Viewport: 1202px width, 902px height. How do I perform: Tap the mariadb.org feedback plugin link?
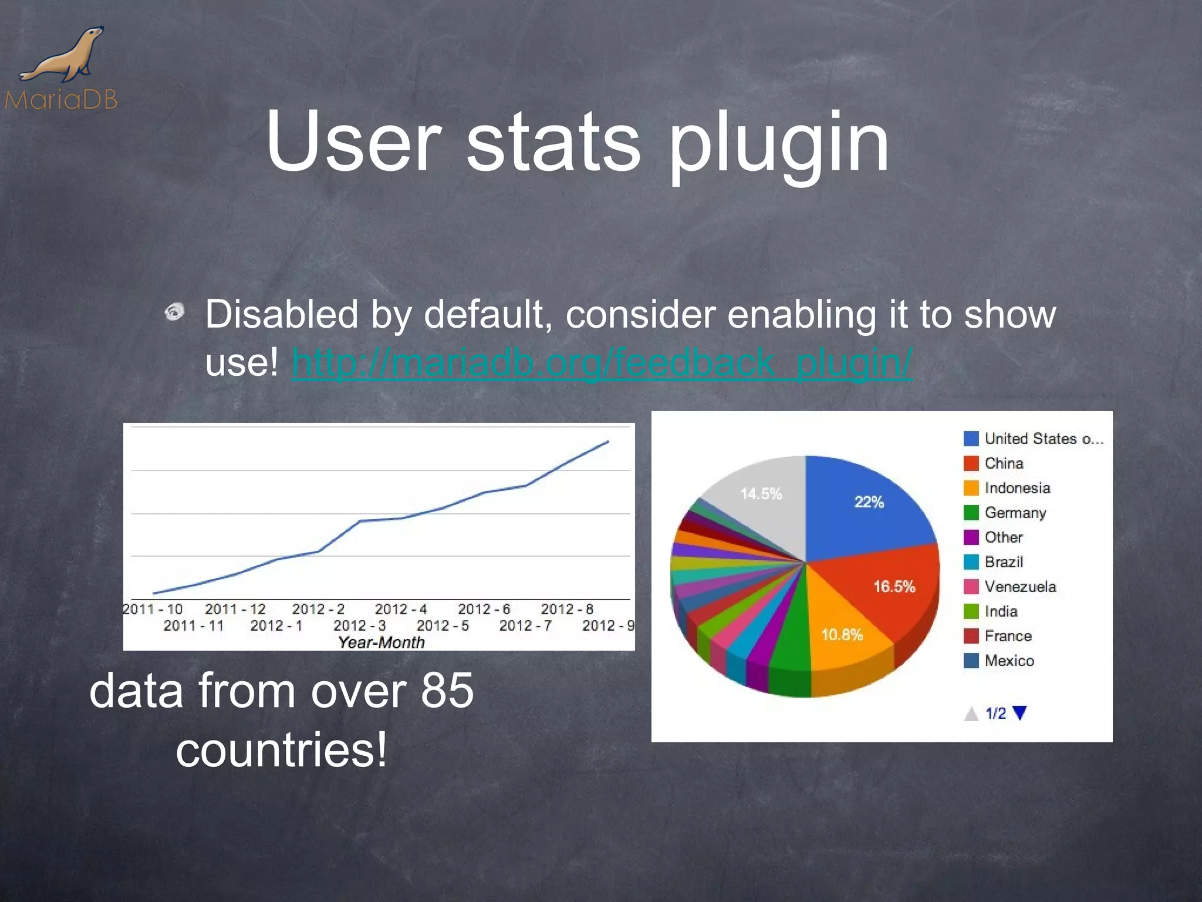point(602,362)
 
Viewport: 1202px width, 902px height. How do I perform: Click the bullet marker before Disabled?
point(175,311)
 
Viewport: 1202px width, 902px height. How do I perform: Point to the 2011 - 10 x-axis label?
point(153,609)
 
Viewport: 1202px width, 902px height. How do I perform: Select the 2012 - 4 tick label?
point(401,609)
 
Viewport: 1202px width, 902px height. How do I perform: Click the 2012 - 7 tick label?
point(525,625)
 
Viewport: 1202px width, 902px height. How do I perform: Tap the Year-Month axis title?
point(381,642)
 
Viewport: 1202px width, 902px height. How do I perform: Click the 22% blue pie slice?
point(869,502)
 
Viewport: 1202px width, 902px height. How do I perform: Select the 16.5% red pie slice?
point(893,587)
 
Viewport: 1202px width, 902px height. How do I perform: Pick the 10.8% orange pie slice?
point(842,635)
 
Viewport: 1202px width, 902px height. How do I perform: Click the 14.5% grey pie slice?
point(761,494)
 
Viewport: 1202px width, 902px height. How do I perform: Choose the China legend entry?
point(1004,463)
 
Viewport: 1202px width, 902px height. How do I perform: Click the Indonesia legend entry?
point(1017,488)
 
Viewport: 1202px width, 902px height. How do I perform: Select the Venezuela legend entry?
point(1020,587)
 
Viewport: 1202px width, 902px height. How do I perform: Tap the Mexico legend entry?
point(1009,661)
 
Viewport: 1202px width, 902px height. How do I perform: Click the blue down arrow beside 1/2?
point(1020,713)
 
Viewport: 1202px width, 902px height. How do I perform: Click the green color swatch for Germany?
point(971,513)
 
